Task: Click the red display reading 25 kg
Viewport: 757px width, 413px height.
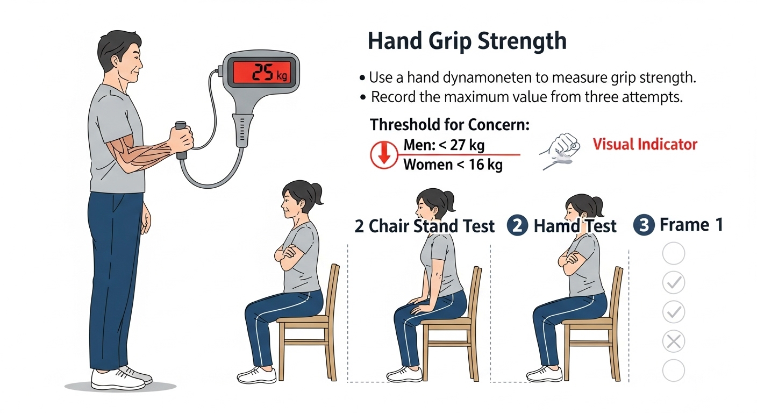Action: coord(262,72)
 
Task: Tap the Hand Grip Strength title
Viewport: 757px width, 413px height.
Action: coord(467,41)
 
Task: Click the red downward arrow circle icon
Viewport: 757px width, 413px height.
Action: coord(384,155)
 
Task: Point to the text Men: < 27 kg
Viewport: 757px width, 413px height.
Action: coord(444,145)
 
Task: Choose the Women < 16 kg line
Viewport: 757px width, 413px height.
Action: coord(453,165)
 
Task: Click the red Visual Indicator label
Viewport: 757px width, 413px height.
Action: coord(645,144)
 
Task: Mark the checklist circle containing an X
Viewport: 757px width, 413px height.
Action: coord(674,341)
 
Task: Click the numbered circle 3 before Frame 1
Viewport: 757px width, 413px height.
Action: coord(644,225)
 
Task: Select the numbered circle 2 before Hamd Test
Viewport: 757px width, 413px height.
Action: coord(517,225)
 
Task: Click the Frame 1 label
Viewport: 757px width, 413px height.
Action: coord(691,225)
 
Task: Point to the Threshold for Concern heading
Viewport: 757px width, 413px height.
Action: coord(450,125)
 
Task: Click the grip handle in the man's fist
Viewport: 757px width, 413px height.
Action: coord(181,140)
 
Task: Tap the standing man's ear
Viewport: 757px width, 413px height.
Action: coord(115,62)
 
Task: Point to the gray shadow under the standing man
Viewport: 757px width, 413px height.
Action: coord(120,386)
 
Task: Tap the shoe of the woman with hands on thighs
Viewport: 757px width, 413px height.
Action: coord(404,374)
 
